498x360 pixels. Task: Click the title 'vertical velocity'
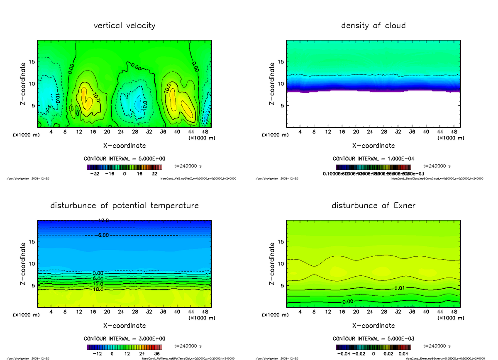coord(124,26)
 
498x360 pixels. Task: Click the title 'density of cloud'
coord(373,26)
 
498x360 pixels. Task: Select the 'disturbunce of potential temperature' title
coord(124,206)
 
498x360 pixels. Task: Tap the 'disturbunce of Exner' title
coord(373,206)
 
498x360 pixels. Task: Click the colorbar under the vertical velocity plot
coord(124,168)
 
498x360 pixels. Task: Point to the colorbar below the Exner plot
coord(373,347)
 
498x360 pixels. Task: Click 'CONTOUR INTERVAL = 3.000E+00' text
coord(124,338)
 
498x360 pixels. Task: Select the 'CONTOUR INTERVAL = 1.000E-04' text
coord(373,159)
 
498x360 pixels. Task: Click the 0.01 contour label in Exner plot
coord(399,287)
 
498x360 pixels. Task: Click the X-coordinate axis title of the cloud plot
coord(373,146)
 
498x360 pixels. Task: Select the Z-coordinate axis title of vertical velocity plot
coord(24,83)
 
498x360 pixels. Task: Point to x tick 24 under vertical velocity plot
coord(121,132)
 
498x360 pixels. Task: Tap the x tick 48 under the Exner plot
coord(454,311)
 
